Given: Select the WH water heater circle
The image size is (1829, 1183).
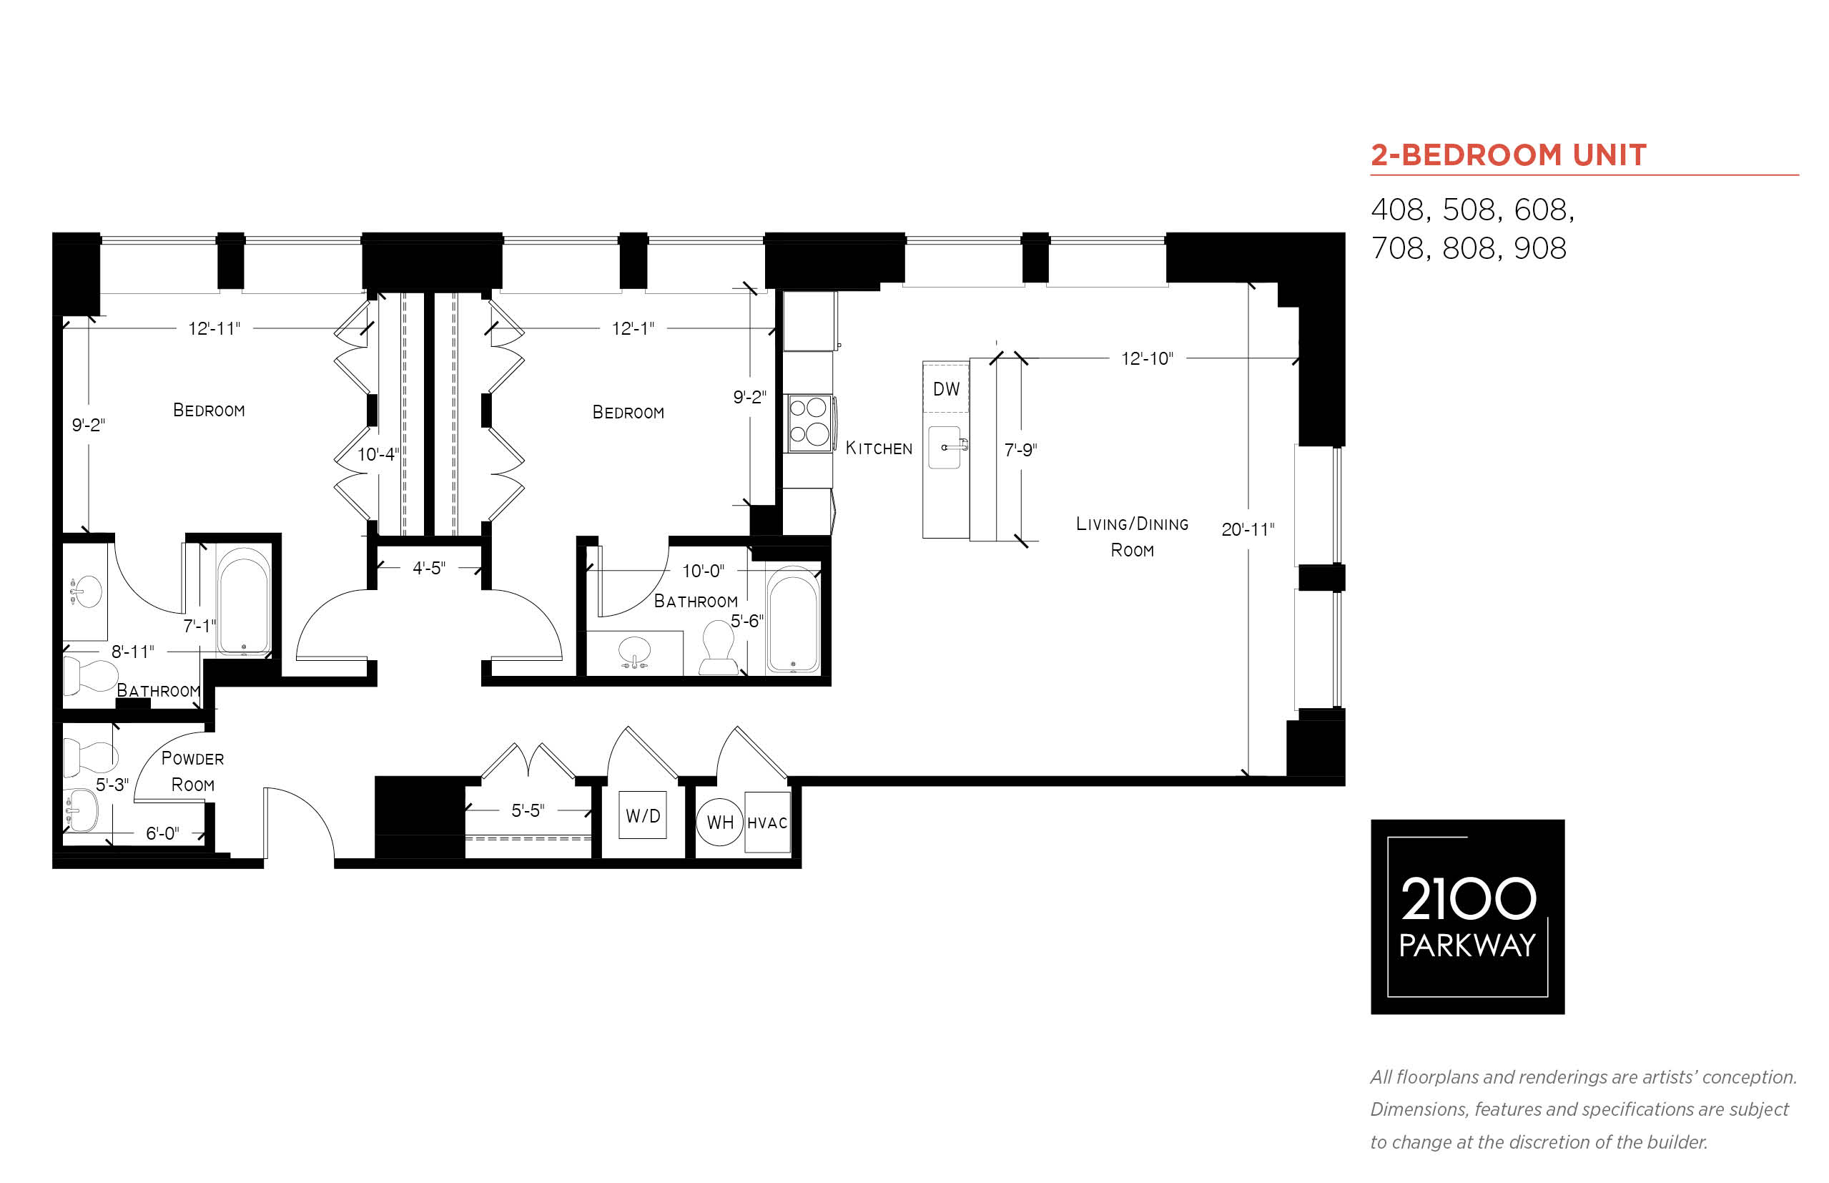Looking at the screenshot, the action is (x=719, y=822).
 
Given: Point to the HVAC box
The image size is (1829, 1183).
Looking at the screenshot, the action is (x=767, y=822).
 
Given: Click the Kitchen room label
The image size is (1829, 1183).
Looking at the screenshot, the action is (x=879, y=448).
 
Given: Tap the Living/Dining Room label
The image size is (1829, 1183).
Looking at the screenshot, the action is (x=1132, y=536).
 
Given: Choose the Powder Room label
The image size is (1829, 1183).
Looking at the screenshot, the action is (x=192, y=771).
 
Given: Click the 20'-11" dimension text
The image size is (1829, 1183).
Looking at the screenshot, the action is (x=1247, y=529).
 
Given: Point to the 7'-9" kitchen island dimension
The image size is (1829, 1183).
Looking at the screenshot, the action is (x=1020, y=449).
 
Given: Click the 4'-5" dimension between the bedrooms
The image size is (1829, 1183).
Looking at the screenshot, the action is (x=428, y=568).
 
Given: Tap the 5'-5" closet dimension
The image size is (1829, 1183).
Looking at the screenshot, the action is (x=528, y=810).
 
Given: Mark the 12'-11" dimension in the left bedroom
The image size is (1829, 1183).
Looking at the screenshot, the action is (x=215, y=328).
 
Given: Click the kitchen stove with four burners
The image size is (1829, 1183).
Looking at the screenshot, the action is (x=809, y=423).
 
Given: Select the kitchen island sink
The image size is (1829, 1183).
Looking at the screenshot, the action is (x=945, y=447).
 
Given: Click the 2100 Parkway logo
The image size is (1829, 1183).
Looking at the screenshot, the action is (x=1466, y=916).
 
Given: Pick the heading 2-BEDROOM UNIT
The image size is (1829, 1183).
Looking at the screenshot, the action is (x=1508, y=154).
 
